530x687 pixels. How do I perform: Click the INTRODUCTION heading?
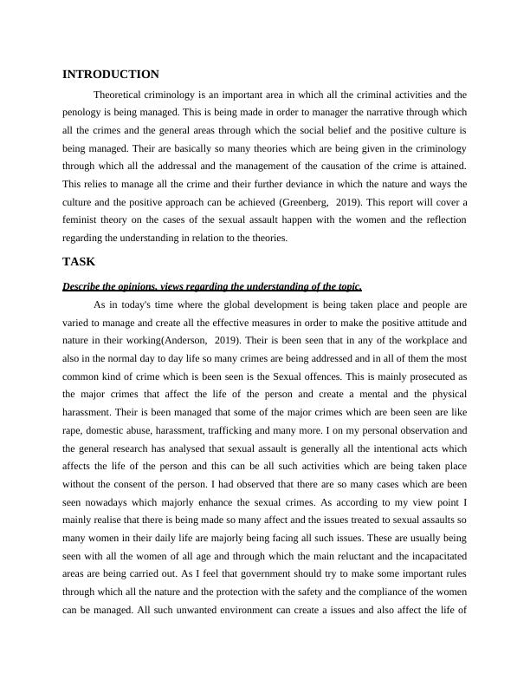click(x=111, y=75)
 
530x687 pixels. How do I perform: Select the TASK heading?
click(x=79, y=261)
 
